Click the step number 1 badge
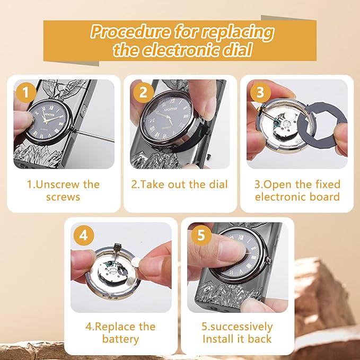(26, 93)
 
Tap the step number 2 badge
(143, 93)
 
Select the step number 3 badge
(260, 93)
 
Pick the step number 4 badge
(84, 235)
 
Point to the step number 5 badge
(201, 235)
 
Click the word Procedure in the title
(130, 31)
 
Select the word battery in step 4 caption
(120, 339)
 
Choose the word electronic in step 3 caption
(280, 197)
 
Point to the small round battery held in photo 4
(137, 261)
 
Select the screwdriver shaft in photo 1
(94, 135)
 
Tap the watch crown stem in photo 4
(117, 249)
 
